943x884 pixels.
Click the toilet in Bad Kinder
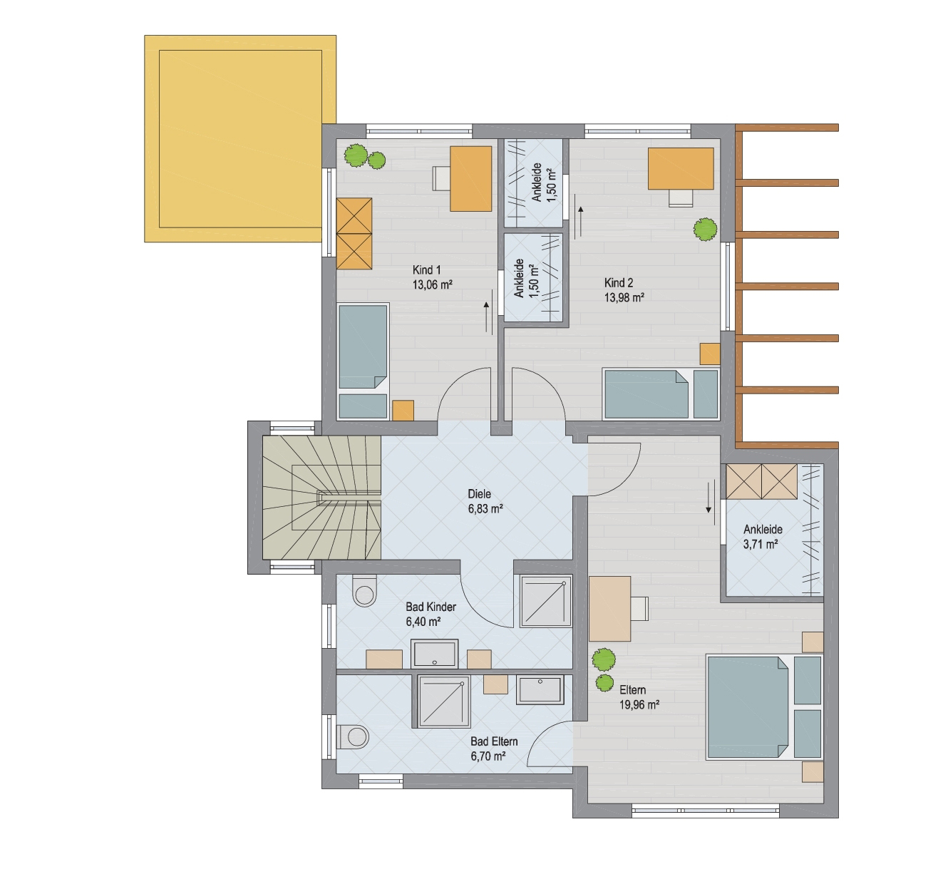pyautogui.click(x=364, y=590)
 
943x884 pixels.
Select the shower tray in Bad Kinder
pyautogui.click(x=545, y=601)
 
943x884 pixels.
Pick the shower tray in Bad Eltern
pyautogui.click(x=444, y=701)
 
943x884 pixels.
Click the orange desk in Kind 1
pyautogui.click(x=470, y=179)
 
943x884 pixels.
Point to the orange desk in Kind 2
pyautogui.click(x=681, y=169)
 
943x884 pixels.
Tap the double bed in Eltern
pyautogui.click(x=748, y=706)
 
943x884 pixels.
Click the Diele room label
pyautogui.click(x=479, y=493)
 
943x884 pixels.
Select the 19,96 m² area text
pyautogui.click(x=639, y=704)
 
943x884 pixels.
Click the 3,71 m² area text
pyautogui.click(x=761, y=544)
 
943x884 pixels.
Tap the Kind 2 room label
pyautogui.click(x=619, y=282)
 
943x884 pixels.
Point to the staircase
pyautogui.click(x=322, y=498)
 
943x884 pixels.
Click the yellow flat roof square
pyautogui.click(x=240, y=139)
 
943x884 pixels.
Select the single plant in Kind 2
pyautogui.click(x=705, y=230)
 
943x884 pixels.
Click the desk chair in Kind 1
pyautogui.click(x=441, y=179)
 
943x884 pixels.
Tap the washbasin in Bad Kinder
pyautogui.click(x=435, y=653)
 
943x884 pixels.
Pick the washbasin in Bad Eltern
pyautogui.click(x=540, y=690)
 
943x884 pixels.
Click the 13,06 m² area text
pyautogui.click(x=432, y=285)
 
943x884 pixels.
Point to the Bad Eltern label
pyautogui.click(x=494, y=741)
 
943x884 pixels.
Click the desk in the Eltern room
pyautogui.click(x=609, y=609)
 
